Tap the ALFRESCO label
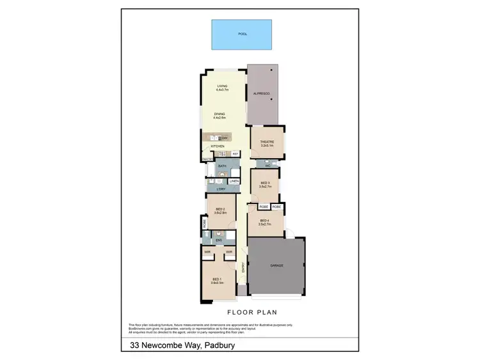coord(263,95)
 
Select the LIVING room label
coord(222,86)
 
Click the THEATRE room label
coord(267,143)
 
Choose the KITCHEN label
coord(218,146)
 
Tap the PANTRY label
coord(207,159)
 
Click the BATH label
coord(222,166)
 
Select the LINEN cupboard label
coord(234,181)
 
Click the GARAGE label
coord(276,265)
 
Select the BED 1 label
coord(216,280)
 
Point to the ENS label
coord(218,240)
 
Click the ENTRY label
coord(243,268)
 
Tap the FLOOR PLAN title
coord(252,313)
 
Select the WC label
coord(268,166)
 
